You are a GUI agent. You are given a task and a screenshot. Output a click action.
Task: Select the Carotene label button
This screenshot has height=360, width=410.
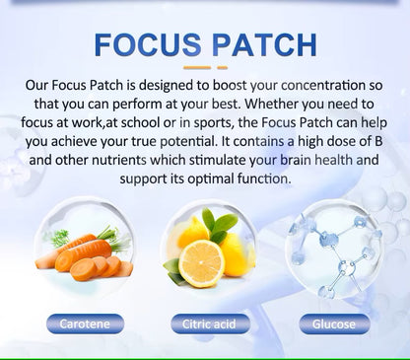[90, 322]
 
